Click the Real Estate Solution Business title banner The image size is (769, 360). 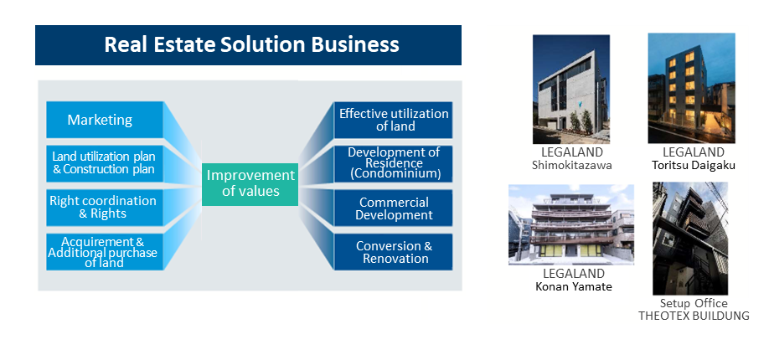(x=248, y=45)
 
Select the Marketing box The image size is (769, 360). (x=105, y=120)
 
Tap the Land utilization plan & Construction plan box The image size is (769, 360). (x=105, y=163)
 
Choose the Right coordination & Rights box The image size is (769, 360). (x=105, y=208)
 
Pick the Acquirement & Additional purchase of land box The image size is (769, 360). (x=105, y=252)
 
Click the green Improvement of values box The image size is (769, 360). (x=250, y=184)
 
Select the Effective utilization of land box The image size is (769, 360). (x=394, y=120)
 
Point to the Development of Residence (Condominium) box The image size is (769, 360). (x=394, y=163)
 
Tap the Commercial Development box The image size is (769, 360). (x=394, y=208)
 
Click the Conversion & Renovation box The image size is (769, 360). (x=394, y=252)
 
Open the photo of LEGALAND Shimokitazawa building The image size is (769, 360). (x=571, y=89)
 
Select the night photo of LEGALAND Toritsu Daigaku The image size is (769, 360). (x=691, y=88)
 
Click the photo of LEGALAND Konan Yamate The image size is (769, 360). (x=571, y=224)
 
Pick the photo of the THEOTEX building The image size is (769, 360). (x=690, y=239)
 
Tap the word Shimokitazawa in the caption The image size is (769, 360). (x=572, y=165)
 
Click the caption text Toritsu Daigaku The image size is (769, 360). (x=694, y=165)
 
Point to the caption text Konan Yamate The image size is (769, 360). (x=574, y=286)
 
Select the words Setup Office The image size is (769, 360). (x=694, y=303)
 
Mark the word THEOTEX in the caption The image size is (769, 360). (x=661, y=316)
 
